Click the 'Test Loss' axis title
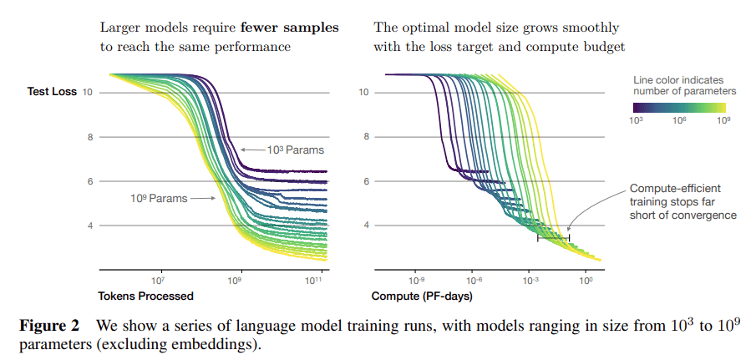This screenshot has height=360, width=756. point(53,92)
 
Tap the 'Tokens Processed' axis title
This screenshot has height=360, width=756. point(146,296)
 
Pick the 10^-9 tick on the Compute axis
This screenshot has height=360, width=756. point(415,281)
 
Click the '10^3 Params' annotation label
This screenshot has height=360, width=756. point(295,150)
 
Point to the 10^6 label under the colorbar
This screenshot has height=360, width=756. point(678,121)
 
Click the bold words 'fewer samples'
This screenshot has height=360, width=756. point(297,28)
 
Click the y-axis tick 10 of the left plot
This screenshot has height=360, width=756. point(88,92)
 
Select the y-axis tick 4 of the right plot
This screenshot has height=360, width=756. point(364,226)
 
